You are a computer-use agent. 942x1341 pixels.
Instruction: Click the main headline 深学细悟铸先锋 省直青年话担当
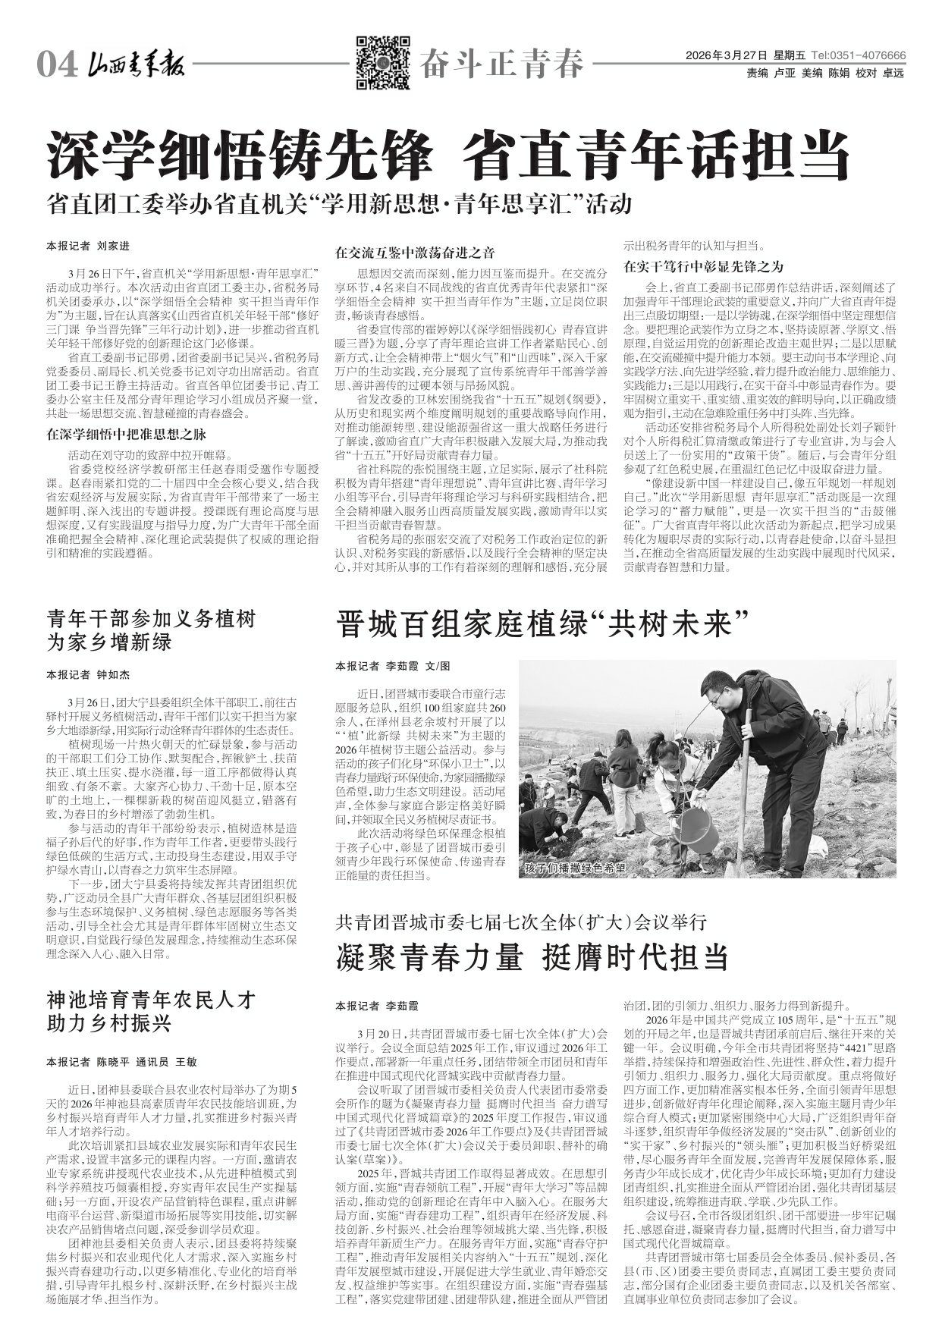click(x=447, y=155)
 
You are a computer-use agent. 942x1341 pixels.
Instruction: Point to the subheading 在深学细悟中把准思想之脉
click(x=126, y=435)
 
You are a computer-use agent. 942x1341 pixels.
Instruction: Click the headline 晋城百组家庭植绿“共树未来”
click(x=537, y=627)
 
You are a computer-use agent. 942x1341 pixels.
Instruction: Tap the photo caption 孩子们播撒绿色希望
click(x=575, y=869)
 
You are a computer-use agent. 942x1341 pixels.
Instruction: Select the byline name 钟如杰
click(x=113, y=674)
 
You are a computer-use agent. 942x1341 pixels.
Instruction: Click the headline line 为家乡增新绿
click(x=109, y=643)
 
